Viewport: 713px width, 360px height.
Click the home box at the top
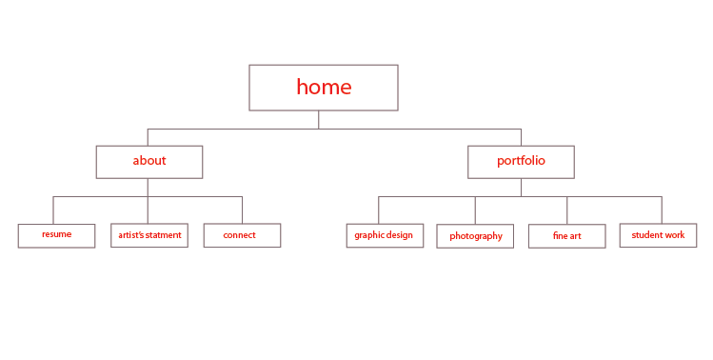(324, 88)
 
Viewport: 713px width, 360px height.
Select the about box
(149, 161)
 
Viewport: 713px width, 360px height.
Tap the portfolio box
(521, 161)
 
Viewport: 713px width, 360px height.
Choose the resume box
(56, 235)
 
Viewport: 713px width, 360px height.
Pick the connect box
(242, 235)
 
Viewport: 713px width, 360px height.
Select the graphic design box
(384, 235)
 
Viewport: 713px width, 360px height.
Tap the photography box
(475, 236)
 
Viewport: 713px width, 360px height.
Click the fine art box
(566, 236)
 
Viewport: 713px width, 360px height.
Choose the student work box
(658, 235)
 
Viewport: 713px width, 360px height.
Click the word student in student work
(646, 234)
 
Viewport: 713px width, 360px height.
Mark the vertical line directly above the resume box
(53, 210)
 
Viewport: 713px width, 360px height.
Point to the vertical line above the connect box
(242, 210)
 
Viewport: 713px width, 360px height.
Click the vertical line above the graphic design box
(379, 210)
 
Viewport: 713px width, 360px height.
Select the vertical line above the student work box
(662, 210)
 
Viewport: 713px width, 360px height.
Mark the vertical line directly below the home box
(319, 119)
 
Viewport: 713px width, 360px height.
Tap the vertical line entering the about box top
(148, 136)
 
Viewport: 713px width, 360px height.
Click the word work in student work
(674, 234)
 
